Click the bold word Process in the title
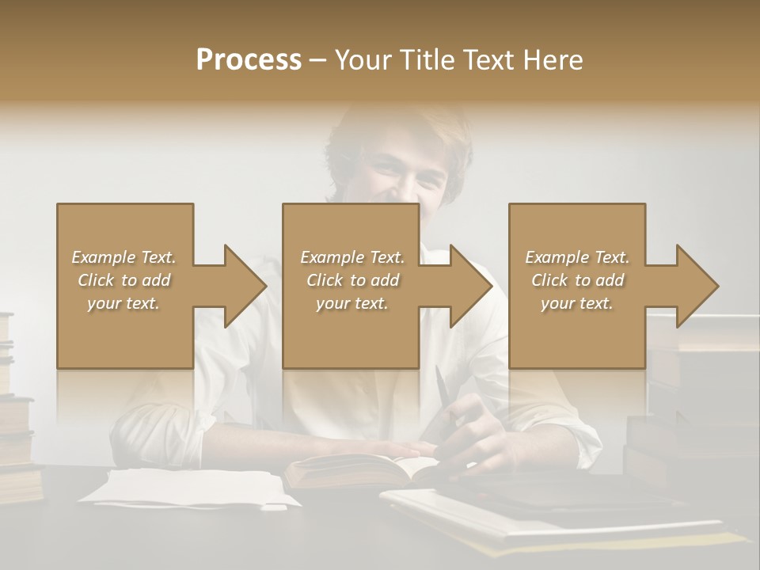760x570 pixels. pos(249,60)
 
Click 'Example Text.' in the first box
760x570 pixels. pos(123,257)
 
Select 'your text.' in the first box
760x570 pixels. pos(123,303)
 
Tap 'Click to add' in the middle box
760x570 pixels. pos(352,280)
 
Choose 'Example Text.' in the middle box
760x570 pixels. pos(352,257)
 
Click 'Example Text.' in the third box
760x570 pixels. pos(577,257)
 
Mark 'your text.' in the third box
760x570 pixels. pos(577,303)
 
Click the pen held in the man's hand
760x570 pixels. pos(443,392)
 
